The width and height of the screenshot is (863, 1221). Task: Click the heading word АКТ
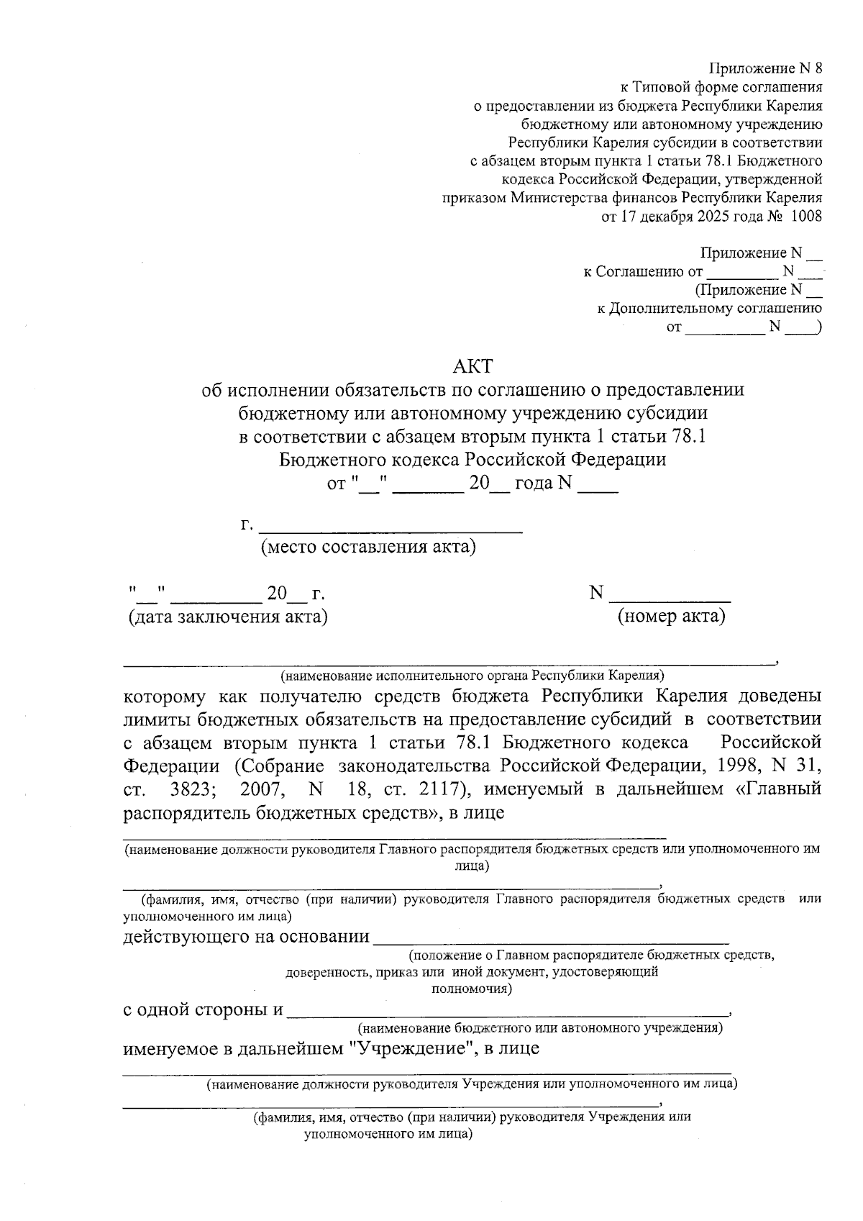472,366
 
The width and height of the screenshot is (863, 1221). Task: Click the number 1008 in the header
806,216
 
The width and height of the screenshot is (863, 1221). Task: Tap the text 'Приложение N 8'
765,69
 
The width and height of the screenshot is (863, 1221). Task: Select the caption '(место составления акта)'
368,548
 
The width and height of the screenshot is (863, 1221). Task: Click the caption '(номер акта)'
672,617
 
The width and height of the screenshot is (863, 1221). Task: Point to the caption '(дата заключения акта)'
227,617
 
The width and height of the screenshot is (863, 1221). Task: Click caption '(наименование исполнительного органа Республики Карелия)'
472,676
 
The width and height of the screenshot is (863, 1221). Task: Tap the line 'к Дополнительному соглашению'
710,309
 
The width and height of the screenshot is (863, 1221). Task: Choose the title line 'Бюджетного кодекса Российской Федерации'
472,459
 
